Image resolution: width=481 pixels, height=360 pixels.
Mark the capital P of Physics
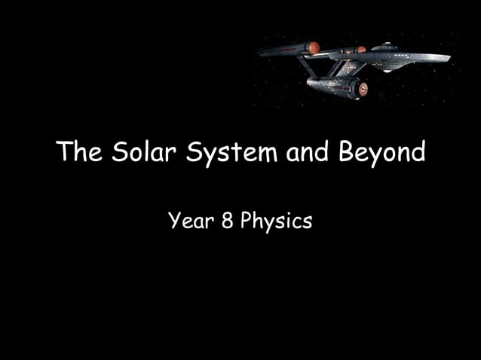[246, 221]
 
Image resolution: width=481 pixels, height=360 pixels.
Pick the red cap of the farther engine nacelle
[361, 49]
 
